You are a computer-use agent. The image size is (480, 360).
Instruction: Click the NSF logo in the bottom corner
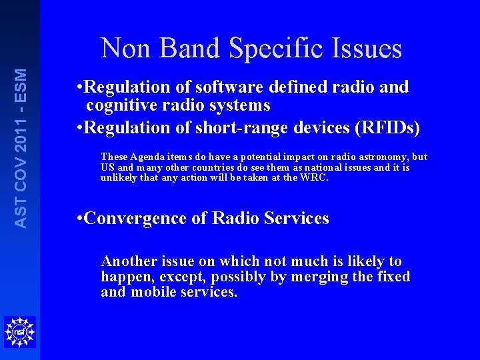[x=19, y=331]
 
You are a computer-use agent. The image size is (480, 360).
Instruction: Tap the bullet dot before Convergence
[x=80, y=218]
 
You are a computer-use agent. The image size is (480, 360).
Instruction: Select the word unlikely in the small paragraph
[x=118, y=178]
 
